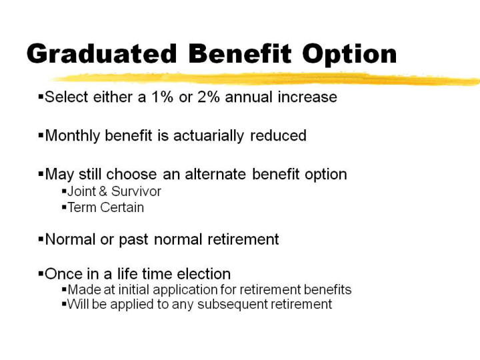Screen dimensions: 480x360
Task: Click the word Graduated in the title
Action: coord(102,53)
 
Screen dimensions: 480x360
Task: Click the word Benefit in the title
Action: coord(240,53)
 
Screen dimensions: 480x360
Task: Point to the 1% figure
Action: coord(162,97)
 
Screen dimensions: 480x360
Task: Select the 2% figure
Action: coord(209,97)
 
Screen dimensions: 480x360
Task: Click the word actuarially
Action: coord(209,136)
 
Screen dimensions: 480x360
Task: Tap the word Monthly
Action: coord(73,136)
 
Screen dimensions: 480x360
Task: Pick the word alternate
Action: coord(215,174)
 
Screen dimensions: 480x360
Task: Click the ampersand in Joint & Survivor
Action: coord(103,191)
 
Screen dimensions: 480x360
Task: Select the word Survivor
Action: coord(136,191)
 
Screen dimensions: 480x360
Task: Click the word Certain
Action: coord(122,207)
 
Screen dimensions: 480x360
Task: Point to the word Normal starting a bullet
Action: coord(71,239)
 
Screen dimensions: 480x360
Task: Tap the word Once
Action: coord(64,274)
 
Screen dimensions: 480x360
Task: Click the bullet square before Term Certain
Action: coord(64,207)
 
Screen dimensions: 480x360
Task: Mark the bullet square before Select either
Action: coord(41,97)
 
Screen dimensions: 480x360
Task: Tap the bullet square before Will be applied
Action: coord(64,304)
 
